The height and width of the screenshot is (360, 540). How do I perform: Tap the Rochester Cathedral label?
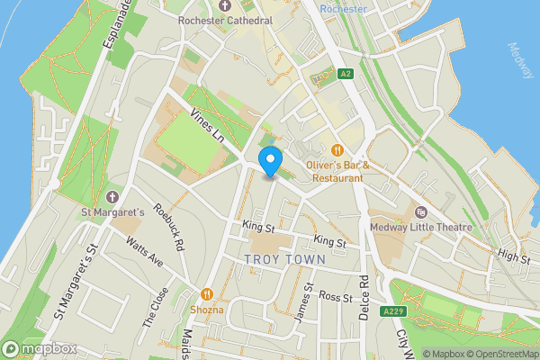pos(225,20)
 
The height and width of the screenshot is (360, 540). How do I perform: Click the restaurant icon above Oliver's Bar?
pos(337,150)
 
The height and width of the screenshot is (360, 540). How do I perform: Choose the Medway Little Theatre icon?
pos(420,212)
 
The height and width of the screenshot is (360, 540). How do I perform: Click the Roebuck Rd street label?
pos(167,228)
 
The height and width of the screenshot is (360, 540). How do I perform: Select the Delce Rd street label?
pos(364,294)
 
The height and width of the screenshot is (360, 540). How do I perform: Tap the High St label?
pos(515,258)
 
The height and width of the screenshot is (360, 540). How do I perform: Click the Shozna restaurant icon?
pos(206,293)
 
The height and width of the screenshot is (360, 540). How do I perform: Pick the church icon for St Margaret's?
pos(112,197)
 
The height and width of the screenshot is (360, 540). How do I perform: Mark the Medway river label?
pos(520,60)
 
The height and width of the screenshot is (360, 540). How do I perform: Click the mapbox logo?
pos(39,348)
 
